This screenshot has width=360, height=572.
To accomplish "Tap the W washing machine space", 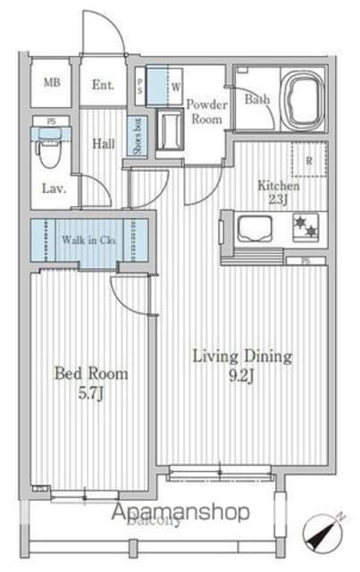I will (x=174, y=87).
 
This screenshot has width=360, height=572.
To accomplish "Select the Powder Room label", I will (x=206, y=111).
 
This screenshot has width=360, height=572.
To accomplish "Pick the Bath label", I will (x=256, y=100).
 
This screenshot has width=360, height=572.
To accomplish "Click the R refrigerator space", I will (x=309, y=162).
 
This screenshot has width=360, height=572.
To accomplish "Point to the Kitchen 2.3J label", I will (x=279, y=192).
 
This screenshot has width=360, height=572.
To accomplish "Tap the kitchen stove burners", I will (x=304, y=227).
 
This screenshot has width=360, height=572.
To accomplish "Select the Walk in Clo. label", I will (x=91, y=240).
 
